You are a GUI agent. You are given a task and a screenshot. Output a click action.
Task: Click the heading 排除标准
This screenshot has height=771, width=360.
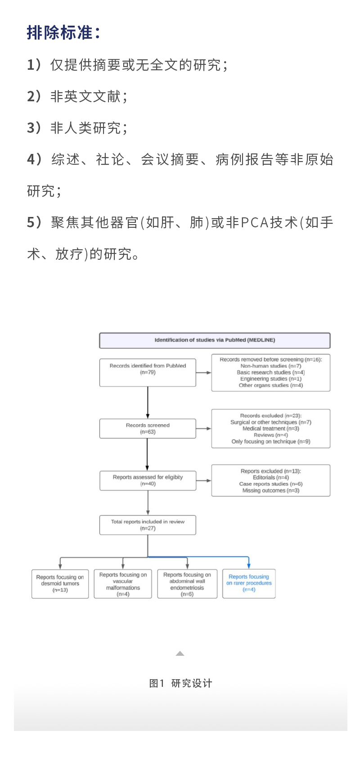point(63,33)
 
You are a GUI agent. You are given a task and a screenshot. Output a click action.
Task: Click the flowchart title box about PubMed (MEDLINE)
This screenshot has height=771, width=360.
point(215,340)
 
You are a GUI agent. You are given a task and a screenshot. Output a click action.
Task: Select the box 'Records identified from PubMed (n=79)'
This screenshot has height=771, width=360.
point(148,372)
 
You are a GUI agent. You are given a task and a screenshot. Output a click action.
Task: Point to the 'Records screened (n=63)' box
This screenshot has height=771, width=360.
point(148,428)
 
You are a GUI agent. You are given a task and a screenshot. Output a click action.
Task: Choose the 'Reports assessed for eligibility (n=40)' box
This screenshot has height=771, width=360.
point(148,480)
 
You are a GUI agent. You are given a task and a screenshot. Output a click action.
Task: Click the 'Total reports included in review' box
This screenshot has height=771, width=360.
point(148,525)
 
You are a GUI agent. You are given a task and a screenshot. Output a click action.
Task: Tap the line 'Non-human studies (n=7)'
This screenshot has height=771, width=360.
point(271,366)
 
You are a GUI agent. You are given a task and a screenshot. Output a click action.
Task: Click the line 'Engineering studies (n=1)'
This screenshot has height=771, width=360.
point(271,379)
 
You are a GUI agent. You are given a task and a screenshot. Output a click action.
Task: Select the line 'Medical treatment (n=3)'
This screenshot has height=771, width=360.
point(271,428)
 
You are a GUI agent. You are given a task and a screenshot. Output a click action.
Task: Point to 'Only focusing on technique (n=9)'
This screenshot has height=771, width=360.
point(271,442)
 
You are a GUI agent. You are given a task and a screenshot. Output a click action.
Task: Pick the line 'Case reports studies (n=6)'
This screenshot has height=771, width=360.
point(271,484)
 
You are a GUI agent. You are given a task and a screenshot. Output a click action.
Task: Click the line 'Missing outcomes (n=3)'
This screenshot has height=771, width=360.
point(271,491)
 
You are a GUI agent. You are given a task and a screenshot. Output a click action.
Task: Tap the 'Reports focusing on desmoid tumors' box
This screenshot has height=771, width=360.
point(60,583)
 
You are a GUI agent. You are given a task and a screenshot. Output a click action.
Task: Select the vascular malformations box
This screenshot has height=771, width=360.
point(123,584)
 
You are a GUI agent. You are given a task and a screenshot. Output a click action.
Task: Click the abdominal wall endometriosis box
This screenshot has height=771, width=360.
point(187,584)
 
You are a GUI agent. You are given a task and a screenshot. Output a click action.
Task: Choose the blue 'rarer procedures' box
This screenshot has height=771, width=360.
point(249,583)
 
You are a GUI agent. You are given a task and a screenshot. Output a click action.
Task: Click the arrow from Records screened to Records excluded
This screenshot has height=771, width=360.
point(203,428)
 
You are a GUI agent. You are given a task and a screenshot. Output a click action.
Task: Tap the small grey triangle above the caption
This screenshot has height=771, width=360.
point(180,654)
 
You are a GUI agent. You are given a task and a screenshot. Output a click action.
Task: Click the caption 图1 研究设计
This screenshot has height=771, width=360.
point(180,683)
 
